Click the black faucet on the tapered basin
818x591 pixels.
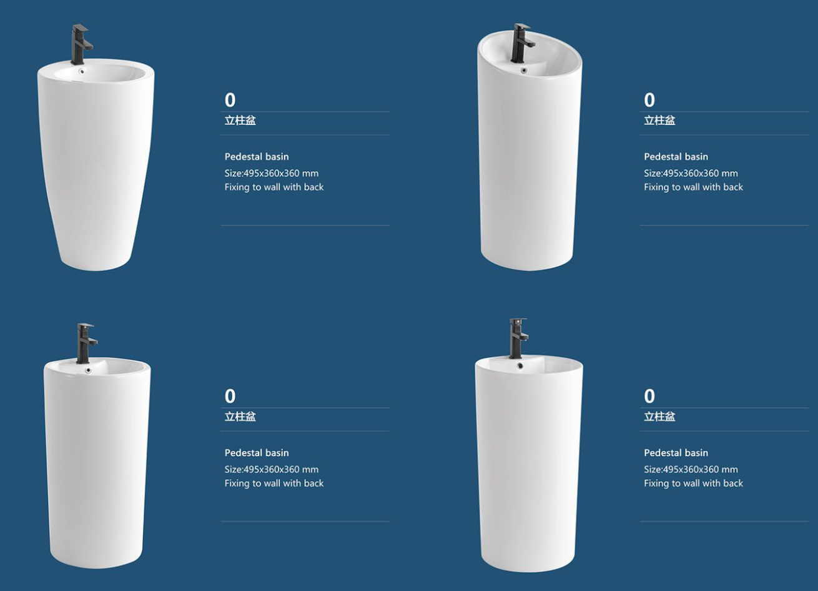click(82, 44)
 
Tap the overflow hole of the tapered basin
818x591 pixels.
click(81, 72)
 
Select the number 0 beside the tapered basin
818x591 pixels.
click(230, 100)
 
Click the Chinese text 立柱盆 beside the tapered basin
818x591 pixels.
click(240, 120)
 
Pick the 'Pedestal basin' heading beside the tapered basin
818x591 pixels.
click(257, 157)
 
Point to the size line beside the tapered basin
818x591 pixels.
click(272, 173)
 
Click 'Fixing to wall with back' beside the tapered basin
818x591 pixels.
click(274, 187)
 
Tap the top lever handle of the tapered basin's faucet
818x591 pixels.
click(81, 27)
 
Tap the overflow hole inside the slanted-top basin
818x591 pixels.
click(524, 71)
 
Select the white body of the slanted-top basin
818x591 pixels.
click(530, 164)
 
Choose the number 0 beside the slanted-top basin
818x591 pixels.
click(649, 100)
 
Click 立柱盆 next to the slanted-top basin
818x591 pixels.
click(659, 120)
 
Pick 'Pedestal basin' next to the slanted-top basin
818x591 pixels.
click(676, 157)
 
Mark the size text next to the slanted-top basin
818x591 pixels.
click(691, 173)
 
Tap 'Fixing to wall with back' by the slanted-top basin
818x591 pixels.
click(694, 187)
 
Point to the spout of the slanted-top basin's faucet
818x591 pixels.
click(530, 45)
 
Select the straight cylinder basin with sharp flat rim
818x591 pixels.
click(529, 464)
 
